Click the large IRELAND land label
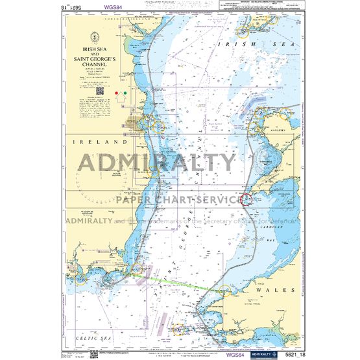99,141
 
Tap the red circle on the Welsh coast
247,199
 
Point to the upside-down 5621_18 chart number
81,7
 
